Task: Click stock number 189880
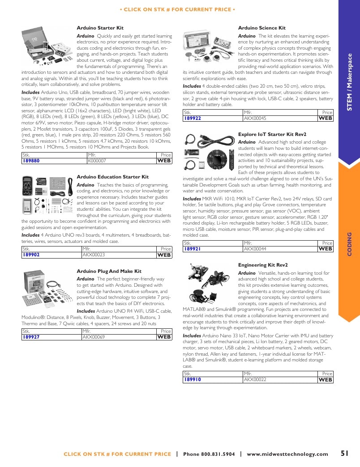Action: pyautogui.click(x=31, y=161)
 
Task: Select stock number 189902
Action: pyautogui.click(x=31, y=255)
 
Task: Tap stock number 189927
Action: pyautogui.click(x=31, y=337)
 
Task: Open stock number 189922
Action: pyautogui.click(x=193, y=118)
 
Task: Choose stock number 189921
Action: pyautogui.click(x=192, y=249)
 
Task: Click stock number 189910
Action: pyautogui.click(x=193, y=380)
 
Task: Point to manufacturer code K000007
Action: pyautogui.click(x=97, y=161)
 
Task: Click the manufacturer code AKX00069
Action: pyautogui.click(x=94, y=337)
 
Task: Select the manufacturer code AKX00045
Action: pyautogui.click(x=255, y=118)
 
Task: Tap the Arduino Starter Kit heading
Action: pyautogui.click(x=100, y=28)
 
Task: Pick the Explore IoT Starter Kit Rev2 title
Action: pyautogui.click(x=272, y=134)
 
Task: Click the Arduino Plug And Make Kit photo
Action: pyautogui.click(x=47, y=289)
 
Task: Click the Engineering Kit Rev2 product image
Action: pyautogui.click(x=209, y=282)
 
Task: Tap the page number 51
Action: pyautogui.click(x=344, y=453)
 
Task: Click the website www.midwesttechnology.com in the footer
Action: pyautogui.click(x=287, y=454)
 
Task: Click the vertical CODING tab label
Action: pyautogui.click(x=350, y=244)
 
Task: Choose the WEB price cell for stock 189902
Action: pyautogui.click(x=164, y=255)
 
